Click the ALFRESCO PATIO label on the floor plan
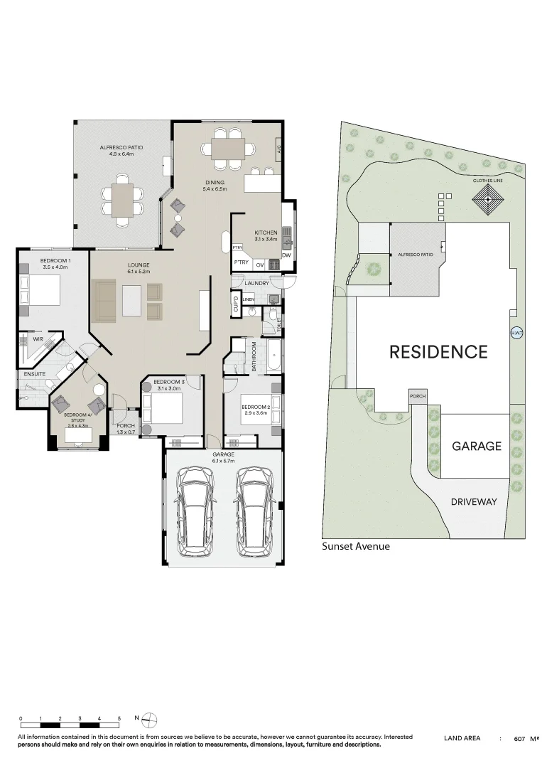(x=121, y=148)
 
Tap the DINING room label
(x=215, y=183)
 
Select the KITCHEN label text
(x=266, y=233)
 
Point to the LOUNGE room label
(x=139, y=265)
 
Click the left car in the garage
(x=195, y=510)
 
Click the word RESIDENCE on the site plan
(x=438, y=351)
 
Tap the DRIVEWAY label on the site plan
(x=474, y=501)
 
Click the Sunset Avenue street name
(x=356, y=547)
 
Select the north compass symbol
(x=150, y=720)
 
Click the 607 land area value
(x=520, y=739)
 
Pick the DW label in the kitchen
(x=287, y=255)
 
